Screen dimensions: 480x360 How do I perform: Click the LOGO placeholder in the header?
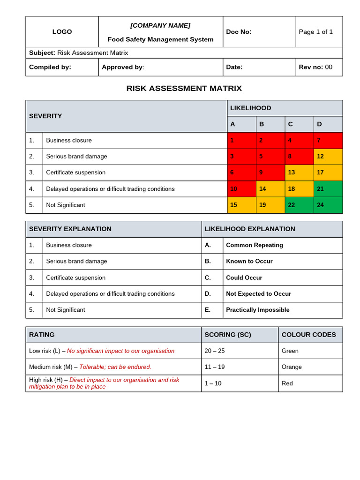pyautogui.click(x=62, y=32)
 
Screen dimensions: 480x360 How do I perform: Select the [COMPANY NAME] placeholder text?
pyautogui.click(x=160, y=25)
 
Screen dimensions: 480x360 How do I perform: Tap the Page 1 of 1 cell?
pyautogui.click(x=315, y=32)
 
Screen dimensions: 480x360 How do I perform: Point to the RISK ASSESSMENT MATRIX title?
pyautogui.click(x=184, y=88)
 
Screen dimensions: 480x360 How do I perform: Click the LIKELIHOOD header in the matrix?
pyautogui.click(x=250, y=108)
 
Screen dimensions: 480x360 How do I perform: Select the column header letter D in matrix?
pyautogui.click(x=319, y=124)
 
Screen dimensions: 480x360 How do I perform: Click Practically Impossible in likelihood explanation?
pyautogui.click(x=257, y=310)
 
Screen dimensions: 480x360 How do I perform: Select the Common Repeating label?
pyautogui.click(x=254, y=245)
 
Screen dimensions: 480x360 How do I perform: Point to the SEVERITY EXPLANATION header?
pyautogui.click(x=70, y=229)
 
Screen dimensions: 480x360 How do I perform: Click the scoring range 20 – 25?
pyautogui.click(x=215, y=351)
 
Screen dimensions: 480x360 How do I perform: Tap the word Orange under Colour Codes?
pyautogui.click(x=292, y=367)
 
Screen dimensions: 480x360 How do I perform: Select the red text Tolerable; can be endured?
pyautogui.click(x=115, y=367)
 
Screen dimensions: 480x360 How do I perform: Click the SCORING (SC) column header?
pyautogui.click(x=228, y=335)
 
